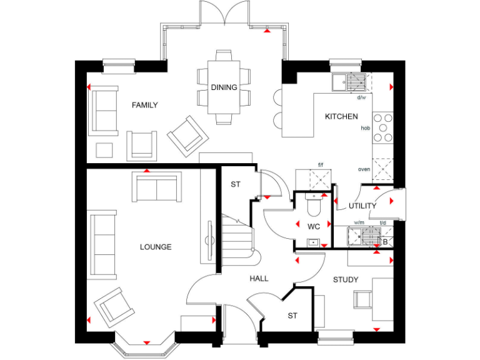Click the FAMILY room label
144,105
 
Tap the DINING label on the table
224,87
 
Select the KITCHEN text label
341,116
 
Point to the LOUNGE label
156,247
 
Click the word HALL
259,278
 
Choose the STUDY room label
345,279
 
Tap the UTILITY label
362,206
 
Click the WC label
314,226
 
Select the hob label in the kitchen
366,128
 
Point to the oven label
364,169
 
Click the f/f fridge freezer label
321,165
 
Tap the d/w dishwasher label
361,97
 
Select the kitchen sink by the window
350,82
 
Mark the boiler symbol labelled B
385,241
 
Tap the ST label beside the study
292,316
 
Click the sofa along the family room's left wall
104,111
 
